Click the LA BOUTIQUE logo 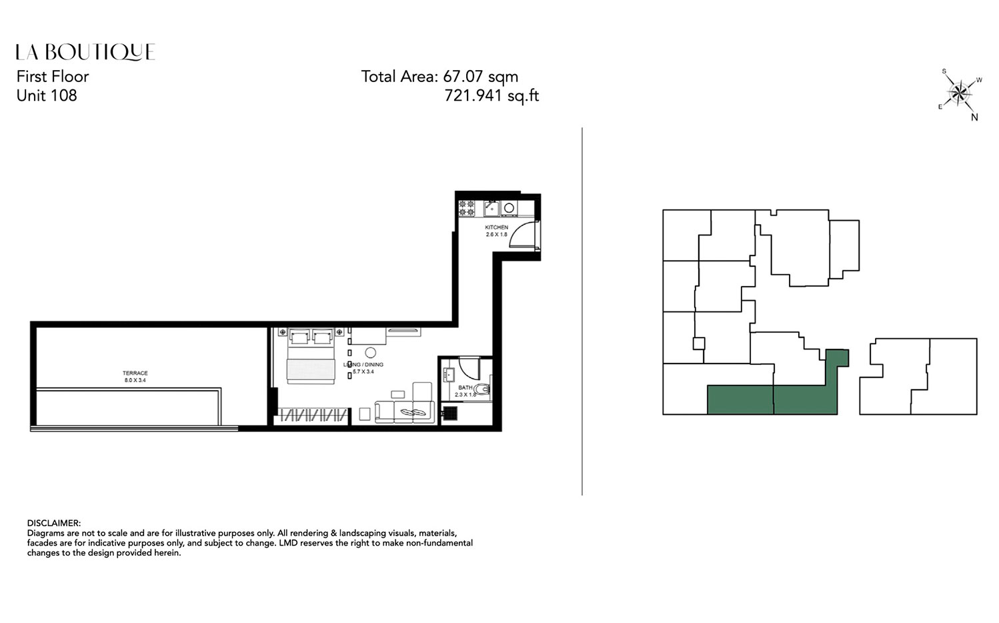click(x=85, y=52)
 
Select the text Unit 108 click(x=47, y=95)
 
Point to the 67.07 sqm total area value click(x=480, y=77)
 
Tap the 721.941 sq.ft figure click(x=491, y=96)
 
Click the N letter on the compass click(x=974, y=117)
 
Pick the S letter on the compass click(x=944, y=71)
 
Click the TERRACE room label click(x=135, y=373)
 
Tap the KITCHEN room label click(x=496, y=227)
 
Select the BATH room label click(x=465, y=388)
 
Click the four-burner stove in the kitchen click(x=466, y=208)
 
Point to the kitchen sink click(x=491, y=207)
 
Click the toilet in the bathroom click(x=485, y=390)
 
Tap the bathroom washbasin click(x=447, y=374)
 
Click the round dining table click(x=370, y=353)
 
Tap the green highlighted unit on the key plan click(x=774, y=400)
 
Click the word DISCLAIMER click(x=53, y=523)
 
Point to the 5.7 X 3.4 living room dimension click(x=363, y=372)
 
